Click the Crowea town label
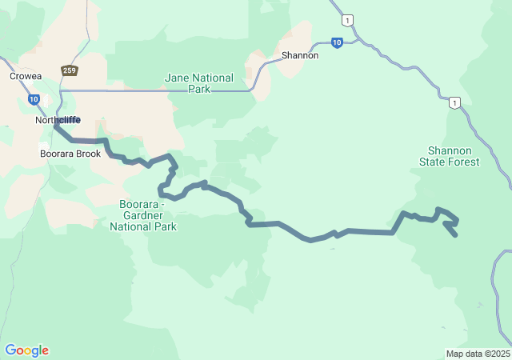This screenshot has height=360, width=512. tap(26, 76)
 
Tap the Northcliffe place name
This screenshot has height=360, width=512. tap(58, 120)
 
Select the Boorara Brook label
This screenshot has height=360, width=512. tap(70, 153)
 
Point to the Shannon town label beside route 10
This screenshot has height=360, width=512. tap(300, 56)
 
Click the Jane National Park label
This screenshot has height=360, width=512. tap(199, 83)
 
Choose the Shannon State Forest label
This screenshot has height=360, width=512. tap(450, 156)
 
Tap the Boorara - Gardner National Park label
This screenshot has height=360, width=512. tap(143, 214)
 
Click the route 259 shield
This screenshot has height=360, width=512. tap(70, 70)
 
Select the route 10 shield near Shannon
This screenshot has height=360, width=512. tap(337, 42)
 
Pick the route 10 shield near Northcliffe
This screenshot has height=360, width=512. tap(34, 99)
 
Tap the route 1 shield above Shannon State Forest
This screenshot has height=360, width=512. tap(454, 102)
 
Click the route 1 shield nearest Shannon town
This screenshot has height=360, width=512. tap(346, 19)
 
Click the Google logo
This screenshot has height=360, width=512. tap(26, 350)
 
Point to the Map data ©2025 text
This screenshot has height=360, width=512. tap(478, 354)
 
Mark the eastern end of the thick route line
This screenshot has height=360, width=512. tap(455, 235)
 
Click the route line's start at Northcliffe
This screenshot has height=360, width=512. tap(55, 126)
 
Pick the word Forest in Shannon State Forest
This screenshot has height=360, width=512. tap(464, 162)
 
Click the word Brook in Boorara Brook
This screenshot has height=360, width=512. tap(88, 153)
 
